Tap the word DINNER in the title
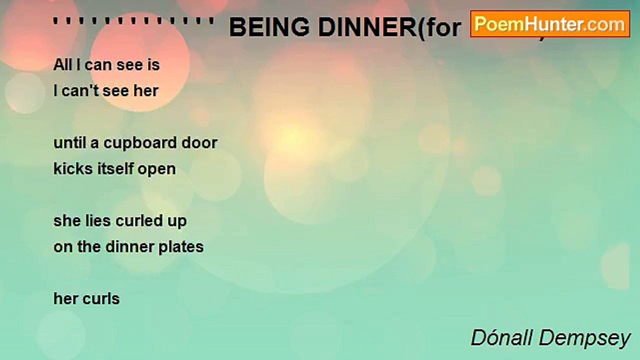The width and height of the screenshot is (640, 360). click(365, 28)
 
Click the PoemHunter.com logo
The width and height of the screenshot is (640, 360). click(550, 23)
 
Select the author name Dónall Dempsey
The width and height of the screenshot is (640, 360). click(550, 338)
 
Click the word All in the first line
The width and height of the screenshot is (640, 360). click(62, 64)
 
